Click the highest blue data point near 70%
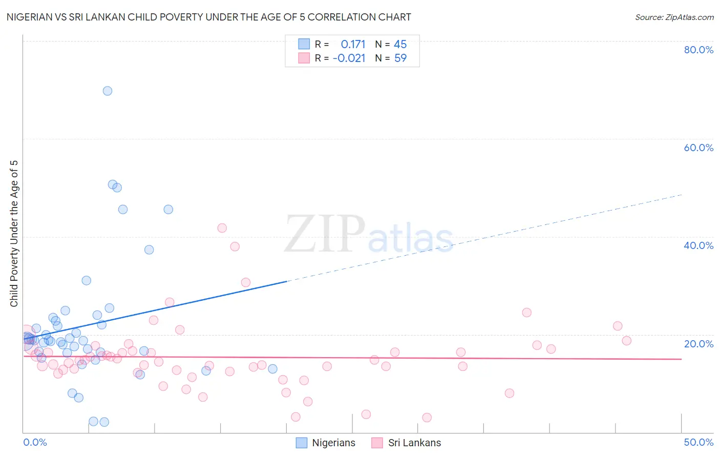coord(108,91)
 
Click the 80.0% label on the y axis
coord(698,50)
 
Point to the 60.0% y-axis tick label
coord(698,148)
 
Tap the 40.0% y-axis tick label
coord(698,245)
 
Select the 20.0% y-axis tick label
coord(698,344)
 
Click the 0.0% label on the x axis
coord(35,442)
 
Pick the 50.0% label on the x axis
coord(698,442)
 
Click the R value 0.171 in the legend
coord(353,45)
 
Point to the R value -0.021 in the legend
coord(349,58)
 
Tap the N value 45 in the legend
coord(400,45)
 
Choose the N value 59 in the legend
coord(400,58)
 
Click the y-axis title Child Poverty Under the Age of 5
coord(14,233)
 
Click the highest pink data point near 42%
coord(222,228)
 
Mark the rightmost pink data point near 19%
coord(626,341)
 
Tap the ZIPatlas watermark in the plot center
coord(369,235)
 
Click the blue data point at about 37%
coord(149,250)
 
